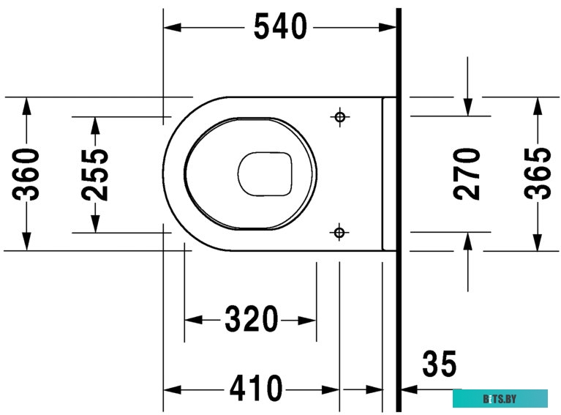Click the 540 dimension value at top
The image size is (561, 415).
tap(279, 27)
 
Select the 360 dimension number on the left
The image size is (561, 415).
tap(29, 173)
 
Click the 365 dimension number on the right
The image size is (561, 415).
tap(538, 173)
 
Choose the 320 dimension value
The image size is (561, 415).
tap(251, 320)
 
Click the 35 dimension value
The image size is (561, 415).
tap(439, 364)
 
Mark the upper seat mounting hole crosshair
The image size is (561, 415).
tap(339, 116)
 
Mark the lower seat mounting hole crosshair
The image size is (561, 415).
tap(339, 233)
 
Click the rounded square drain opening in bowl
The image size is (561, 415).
tap(265, 174)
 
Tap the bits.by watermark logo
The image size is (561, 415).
tap(500, 398)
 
